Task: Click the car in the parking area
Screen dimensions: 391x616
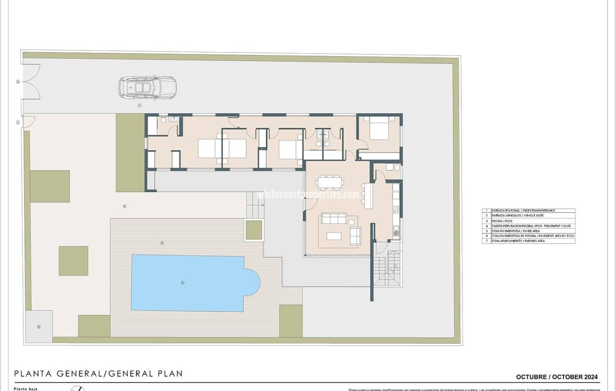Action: (147, 87)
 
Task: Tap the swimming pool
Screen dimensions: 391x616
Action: (188, 282)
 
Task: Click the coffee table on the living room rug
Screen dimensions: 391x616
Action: (333, 236)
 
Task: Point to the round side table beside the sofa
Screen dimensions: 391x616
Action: (351, 222)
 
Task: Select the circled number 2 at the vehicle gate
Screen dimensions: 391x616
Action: (18, 82)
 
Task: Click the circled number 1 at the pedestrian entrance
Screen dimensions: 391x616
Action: (18, 122)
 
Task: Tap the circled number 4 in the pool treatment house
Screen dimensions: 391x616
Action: (39, 327)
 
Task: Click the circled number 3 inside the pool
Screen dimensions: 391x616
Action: (183, 283)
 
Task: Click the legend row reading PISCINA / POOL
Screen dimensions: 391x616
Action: (528, 221)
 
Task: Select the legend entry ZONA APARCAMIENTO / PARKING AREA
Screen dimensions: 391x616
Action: (528, 241)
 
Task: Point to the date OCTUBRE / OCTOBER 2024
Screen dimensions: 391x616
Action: (557, 377)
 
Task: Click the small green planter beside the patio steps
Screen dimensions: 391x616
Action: (254, 230)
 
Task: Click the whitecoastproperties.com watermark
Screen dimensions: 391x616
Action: (308, 195)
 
